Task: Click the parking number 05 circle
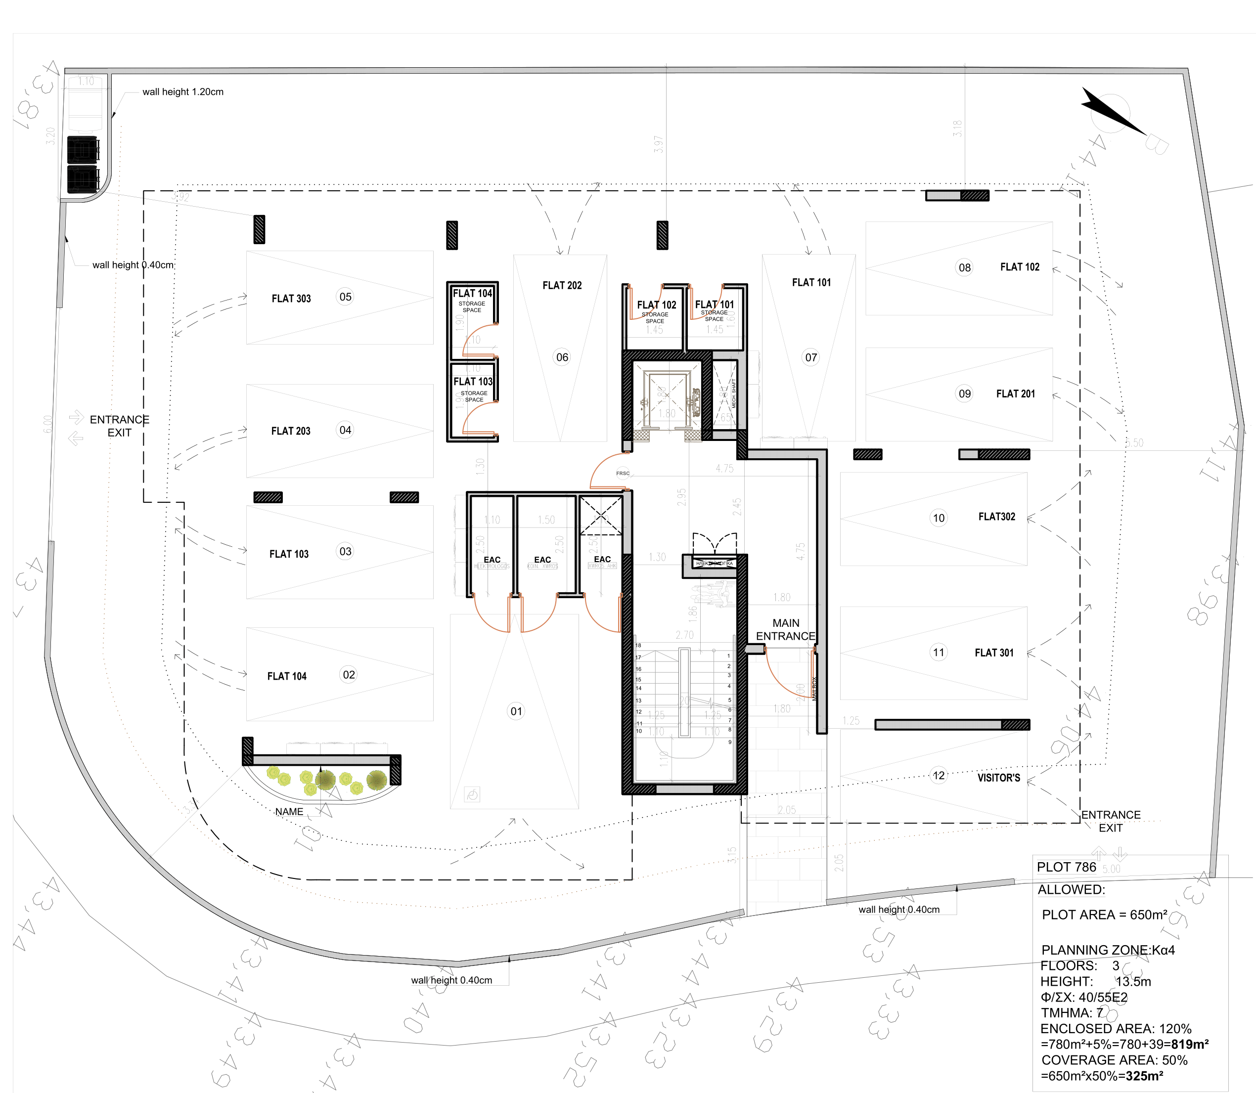345,297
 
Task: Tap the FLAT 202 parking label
562,285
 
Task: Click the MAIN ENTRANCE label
786,629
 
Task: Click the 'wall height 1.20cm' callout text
183,92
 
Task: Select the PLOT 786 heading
1066,867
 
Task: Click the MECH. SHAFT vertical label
734,393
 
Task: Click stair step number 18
638,645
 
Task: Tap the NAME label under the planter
289,812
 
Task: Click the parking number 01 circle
516,711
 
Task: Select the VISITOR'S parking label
998,778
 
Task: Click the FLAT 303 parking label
291,299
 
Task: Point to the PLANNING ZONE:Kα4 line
1107,950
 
